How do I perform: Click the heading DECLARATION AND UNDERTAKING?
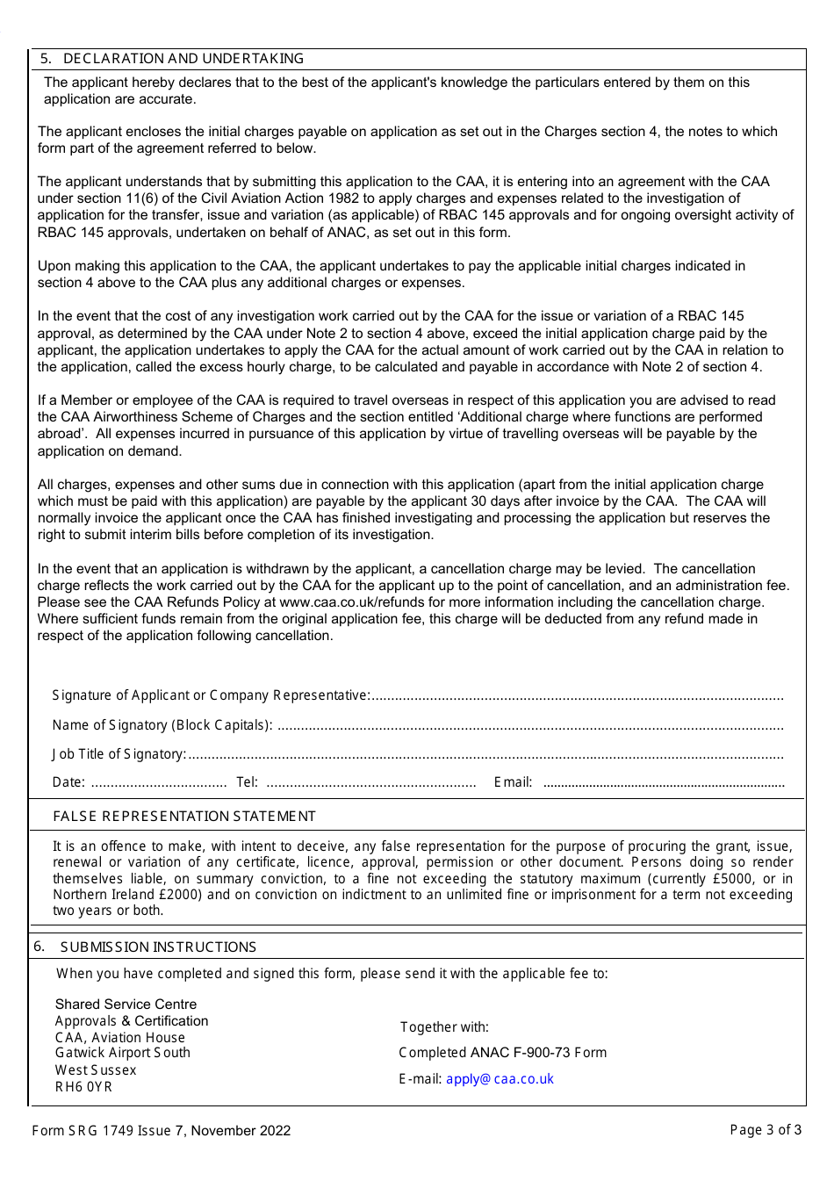[x=183, y=59]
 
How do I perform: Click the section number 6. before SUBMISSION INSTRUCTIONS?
[x=39, y=946]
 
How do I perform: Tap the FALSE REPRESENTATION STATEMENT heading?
[x=184, y=817]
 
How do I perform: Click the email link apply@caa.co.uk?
[x=500, y=1079]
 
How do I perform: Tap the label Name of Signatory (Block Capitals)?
[x=162, y=725]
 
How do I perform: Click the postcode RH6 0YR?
[x=83, y=1087]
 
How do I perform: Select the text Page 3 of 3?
[x=766, y=1130]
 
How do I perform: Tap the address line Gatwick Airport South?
[x=122, y=1053]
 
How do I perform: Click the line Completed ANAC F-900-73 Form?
[x=502, y=1053]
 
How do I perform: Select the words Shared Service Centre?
[x=126, y=1005]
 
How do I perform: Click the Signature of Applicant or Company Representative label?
[x=211, y=695]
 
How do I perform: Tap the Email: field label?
[x=513, y=782]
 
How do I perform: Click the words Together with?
[x=444, y=1027]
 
